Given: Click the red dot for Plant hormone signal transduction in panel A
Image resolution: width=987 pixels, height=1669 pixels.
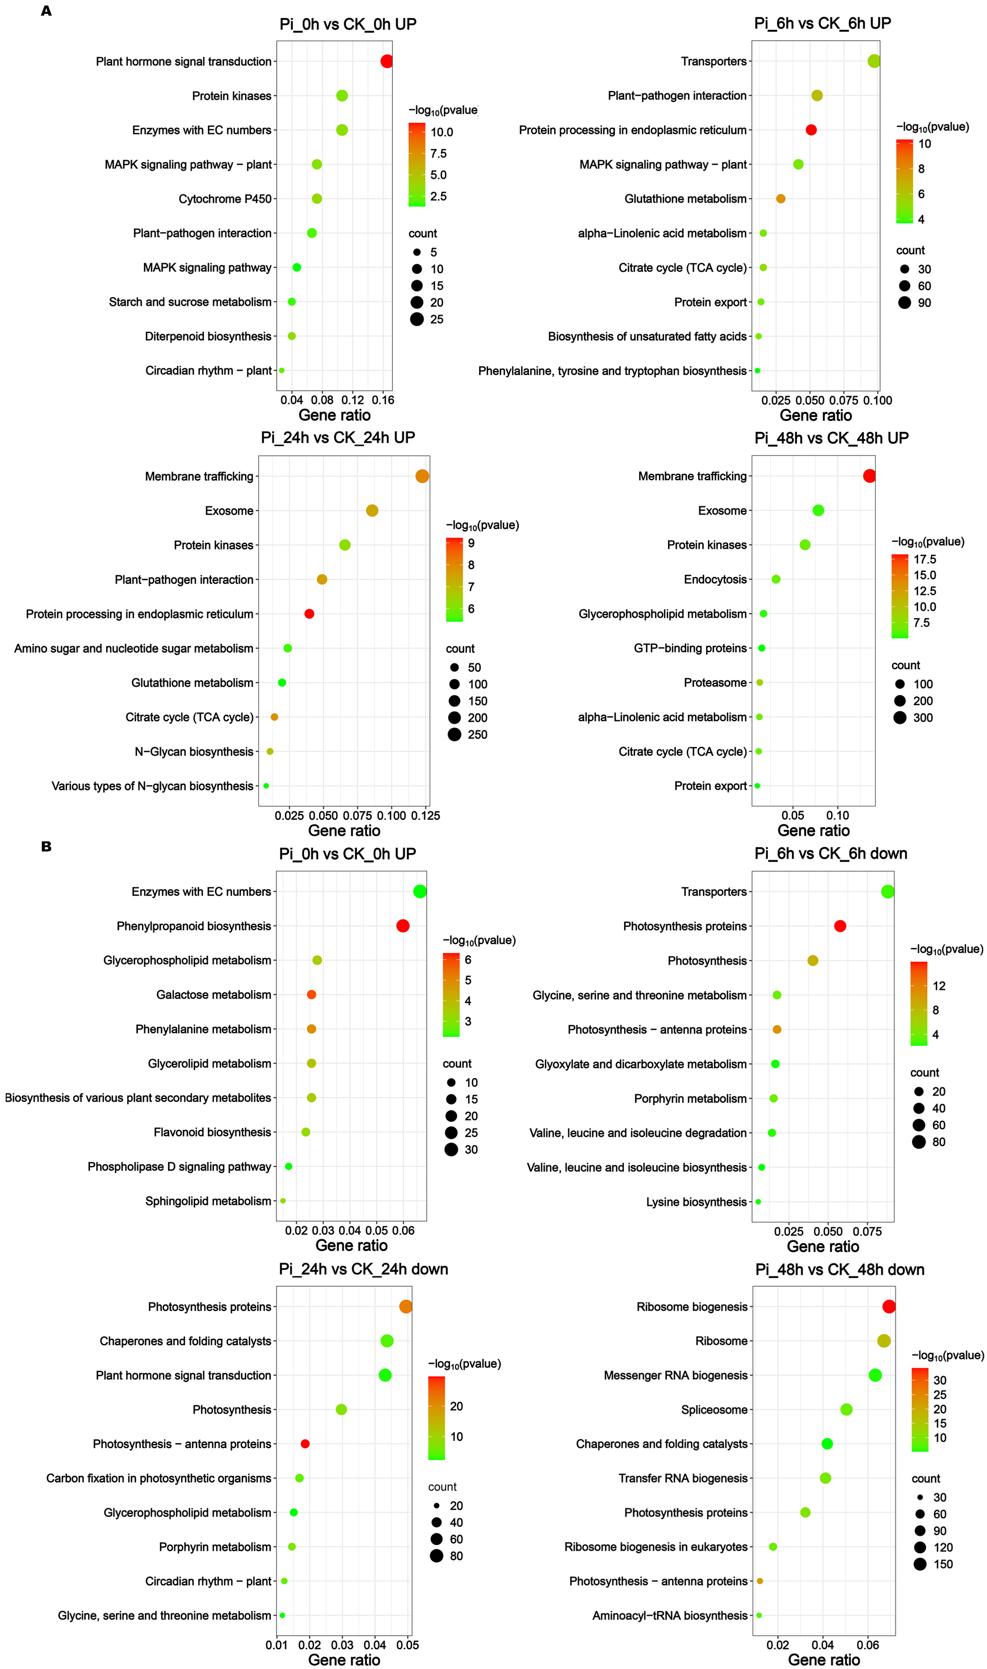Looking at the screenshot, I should pyautogui.click(x=386, y=61).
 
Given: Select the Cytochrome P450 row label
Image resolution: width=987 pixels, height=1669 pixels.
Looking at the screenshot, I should pyautogui.click(x=225, y=199).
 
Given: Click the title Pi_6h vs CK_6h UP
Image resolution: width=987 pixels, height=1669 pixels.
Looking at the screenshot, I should pyautogui.click(x=822, y=23).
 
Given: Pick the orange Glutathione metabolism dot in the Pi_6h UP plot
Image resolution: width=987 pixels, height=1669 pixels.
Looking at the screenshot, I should pyautogui.click(x=781, y=199).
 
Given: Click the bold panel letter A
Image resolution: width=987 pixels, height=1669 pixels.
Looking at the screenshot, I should pyautogui.click(x=46, y=11).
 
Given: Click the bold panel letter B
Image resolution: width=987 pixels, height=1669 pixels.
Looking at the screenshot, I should pyautogui.click(x=46, y=847).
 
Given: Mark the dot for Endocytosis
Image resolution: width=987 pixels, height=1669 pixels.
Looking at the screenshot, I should pyautogui.click(x=776, y=579).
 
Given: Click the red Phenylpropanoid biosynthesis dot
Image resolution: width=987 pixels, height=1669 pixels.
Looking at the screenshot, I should pyautogui.click(x=403, y=926).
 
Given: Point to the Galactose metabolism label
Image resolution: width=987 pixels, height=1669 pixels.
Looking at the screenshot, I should pyautogui.click(x=214, y=995).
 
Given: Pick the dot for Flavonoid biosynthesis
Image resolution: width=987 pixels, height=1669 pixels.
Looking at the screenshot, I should pyautogui.click(x=306, y=1132).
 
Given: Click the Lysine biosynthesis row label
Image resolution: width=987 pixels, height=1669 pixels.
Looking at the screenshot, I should pyautogui.click(x=696, y=1202).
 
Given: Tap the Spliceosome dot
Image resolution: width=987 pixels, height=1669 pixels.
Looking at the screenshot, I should pyautogui.click(x=846, y=1409).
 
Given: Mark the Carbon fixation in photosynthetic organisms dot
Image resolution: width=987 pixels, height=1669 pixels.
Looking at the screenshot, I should pyautogui.click(x=299, y=1478).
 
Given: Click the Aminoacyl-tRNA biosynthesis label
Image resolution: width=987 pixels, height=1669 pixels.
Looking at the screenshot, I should pyautogui.click(x=670, y=1616).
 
